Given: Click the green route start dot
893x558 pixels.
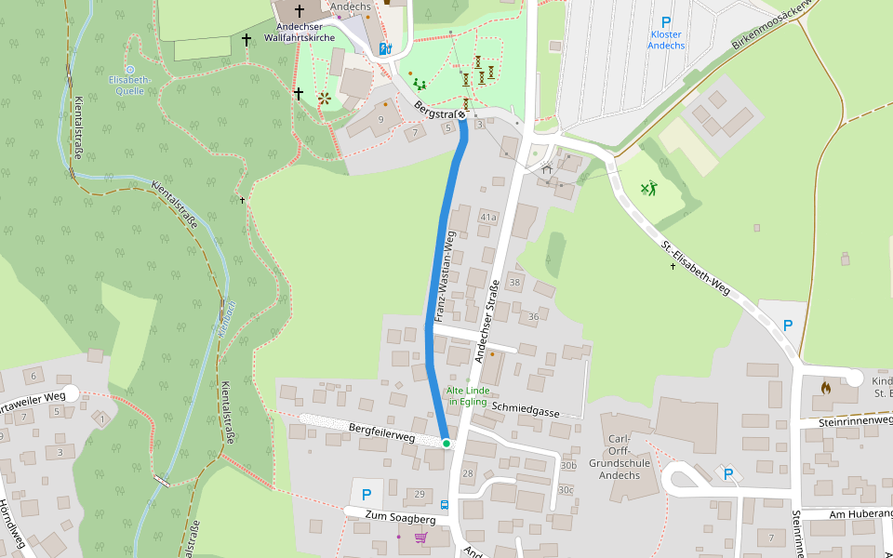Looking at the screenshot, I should click(446, 444).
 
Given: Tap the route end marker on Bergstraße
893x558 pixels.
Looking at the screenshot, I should click(461, 114).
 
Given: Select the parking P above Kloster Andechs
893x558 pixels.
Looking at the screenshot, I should click(665, 22).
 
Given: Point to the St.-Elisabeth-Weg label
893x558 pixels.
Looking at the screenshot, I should click(696, 271).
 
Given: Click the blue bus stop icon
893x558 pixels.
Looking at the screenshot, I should click(444, 505).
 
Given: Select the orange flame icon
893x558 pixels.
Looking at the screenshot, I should click(825, 388).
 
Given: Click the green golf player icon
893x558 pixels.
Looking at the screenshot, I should click(648, 189).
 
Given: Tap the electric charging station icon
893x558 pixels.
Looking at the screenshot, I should click(385, 47).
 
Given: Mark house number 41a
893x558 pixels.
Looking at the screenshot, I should click(487, 217).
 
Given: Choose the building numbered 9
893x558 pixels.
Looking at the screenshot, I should click(380, 119).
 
